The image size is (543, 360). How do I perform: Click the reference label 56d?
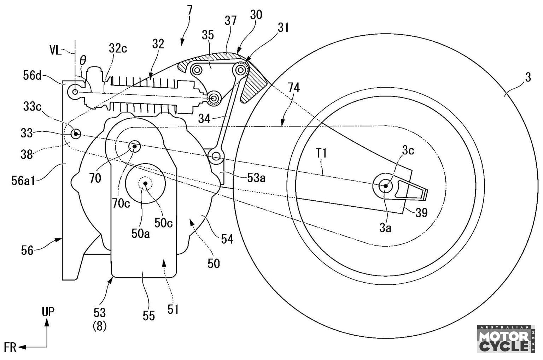(32, 76)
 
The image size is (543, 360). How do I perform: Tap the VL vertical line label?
(56, 51)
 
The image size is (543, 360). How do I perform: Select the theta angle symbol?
(83, 60)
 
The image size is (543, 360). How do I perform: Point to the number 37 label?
(230, 21)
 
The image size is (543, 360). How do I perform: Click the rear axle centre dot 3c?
(385, 186)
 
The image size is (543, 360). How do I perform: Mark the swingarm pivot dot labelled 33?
(76, 134)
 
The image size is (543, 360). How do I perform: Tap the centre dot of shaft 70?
(134, 146)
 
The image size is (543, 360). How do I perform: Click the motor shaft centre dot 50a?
(145, 183)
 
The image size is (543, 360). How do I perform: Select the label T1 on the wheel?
(321, 153)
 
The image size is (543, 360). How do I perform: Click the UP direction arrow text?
(48, 312)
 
